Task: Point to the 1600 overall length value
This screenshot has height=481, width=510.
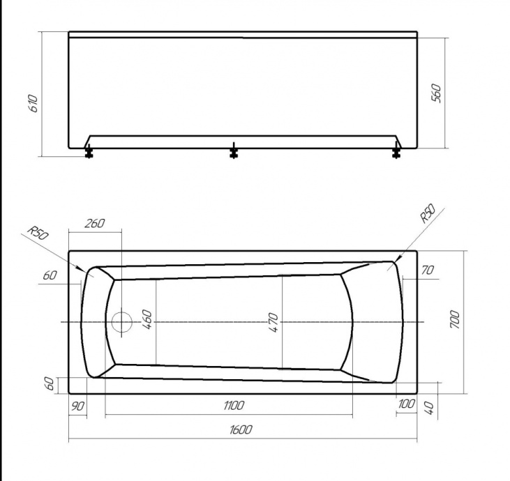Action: pos(239,429)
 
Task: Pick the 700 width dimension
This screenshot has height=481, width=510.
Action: pos(455,319)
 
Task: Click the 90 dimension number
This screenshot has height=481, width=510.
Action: pos(77,406)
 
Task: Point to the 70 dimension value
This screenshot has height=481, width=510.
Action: pos(428,270)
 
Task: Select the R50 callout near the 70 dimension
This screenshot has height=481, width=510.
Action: pos(428,213)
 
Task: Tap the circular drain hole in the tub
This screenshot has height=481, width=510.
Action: pos(121,321)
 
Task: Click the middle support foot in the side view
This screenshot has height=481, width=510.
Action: pos(234,151)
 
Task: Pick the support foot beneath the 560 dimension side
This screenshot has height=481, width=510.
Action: pos(398,151)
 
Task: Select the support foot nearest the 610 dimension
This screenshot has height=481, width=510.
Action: pos(89,151)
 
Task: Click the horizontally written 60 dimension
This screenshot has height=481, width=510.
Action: pos(49,276)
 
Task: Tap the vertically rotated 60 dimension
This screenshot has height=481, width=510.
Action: pos(50,384)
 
